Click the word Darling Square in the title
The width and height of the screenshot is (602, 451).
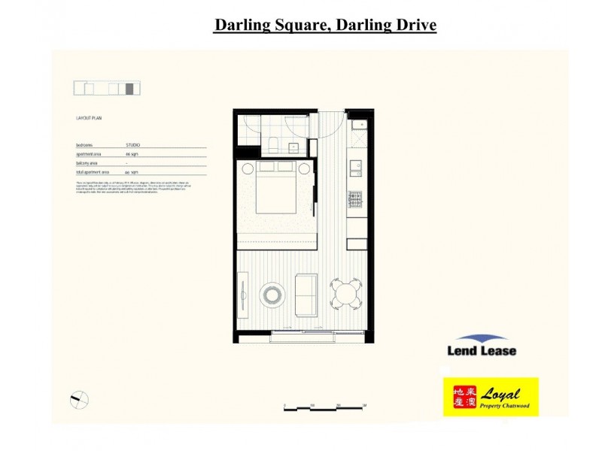(x=272, y=25)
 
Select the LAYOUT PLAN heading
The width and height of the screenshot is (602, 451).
(x=90, y=119)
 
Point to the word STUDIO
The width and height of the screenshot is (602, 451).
(x=132, y=144)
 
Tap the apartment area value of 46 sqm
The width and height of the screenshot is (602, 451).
(x=131, y=153)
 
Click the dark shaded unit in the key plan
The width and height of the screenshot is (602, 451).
(x=129, y=89)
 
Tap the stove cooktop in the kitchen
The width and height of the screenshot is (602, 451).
(x=354, y=200)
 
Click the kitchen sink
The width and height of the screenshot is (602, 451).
(x=355, y=166)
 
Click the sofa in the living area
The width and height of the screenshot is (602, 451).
(x=306, y=294)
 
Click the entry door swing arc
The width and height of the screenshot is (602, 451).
(x=330, y=126)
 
